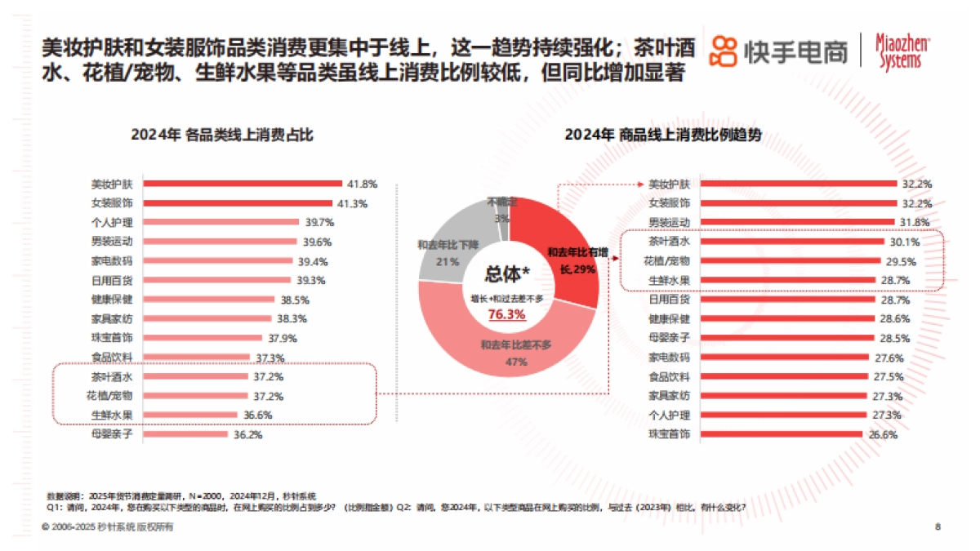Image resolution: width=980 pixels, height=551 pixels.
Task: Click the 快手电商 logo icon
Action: (724, 51)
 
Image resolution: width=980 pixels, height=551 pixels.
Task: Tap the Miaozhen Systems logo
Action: (902, 51)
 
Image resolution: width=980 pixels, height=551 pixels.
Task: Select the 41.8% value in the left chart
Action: (361, 184)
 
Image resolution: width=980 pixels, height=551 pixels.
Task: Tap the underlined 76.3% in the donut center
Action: (507, 313)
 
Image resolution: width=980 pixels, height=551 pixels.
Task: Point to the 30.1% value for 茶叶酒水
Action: (903, 242)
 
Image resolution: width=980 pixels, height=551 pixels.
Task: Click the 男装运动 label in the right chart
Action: (669, 222)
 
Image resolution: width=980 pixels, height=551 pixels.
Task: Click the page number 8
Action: (938, 527)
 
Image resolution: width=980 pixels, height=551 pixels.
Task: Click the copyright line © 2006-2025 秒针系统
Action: (106, 527)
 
